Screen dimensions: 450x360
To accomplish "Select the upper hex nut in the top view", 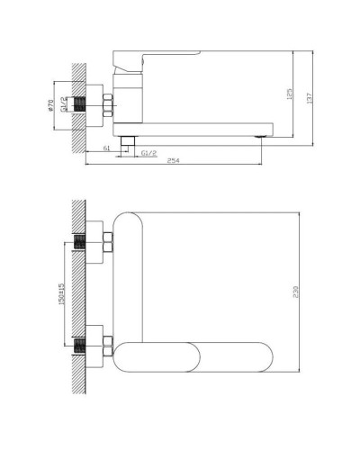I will (x=107, y=242).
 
